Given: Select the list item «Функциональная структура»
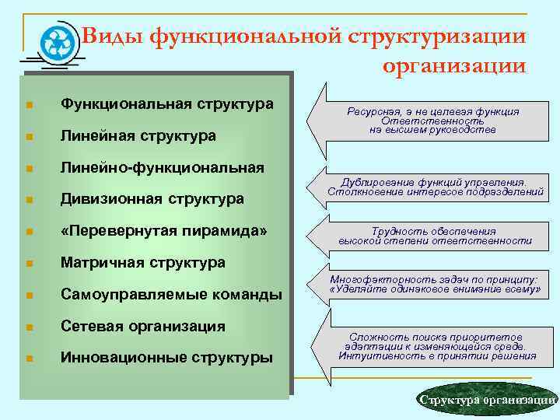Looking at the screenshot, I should (166, 103).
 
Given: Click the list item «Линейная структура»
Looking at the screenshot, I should (138, 135).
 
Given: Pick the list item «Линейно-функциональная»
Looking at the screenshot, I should (163, 167).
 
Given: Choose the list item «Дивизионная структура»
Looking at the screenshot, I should (152, 199).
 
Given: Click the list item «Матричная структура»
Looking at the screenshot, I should (143, 263).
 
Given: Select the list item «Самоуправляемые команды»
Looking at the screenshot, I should (171, 295).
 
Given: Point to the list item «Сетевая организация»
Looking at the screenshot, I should (143, 326).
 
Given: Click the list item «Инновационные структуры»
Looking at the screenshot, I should (166, 358).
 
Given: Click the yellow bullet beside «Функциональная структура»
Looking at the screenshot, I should (28, 104).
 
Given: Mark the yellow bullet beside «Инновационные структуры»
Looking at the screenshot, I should (28, 359).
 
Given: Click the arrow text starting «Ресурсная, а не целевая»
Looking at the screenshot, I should (432, 121).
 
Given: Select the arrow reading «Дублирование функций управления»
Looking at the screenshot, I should (432, 185).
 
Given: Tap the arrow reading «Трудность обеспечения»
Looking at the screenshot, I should (432, 236).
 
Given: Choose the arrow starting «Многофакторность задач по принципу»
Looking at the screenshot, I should (432, 284).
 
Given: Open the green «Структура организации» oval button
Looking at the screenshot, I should (486, 399).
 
